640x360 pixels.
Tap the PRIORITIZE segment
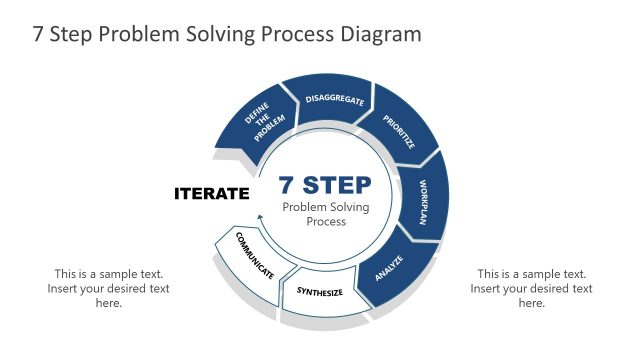tap(397, 130)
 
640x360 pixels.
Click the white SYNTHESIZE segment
tap(319, 293)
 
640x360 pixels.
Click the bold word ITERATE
tap(211, 193)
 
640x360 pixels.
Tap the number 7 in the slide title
tap(39, 34)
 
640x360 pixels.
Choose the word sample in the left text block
tap(117, 274)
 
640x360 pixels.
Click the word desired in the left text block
tap(120, 289)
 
